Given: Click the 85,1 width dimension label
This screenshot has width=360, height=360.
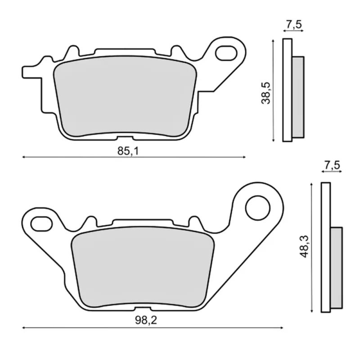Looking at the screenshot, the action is tap(128, 151).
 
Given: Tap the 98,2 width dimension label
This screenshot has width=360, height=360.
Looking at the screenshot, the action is tap(146, 320).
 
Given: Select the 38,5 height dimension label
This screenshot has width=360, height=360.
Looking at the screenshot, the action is tap(266, 93).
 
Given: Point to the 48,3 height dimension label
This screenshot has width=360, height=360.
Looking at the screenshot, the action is tap(304, 246).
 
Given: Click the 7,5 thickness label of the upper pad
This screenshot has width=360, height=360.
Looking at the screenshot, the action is tap(294, 24).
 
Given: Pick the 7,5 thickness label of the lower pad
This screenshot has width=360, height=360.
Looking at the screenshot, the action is tap(332, 165).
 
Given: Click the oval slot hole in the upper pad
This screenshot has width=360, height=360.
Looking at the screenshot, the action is tap(226, 53).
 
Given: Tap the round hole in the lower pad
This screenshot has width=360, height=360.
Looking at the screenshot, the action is tap(257, 208).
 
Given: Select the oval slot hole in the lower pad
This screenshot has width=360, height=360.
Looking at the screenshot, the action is tap(41, 224).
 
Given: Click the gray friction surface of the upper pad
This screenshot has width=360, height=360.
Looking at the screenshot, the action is tap(125, 96).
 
